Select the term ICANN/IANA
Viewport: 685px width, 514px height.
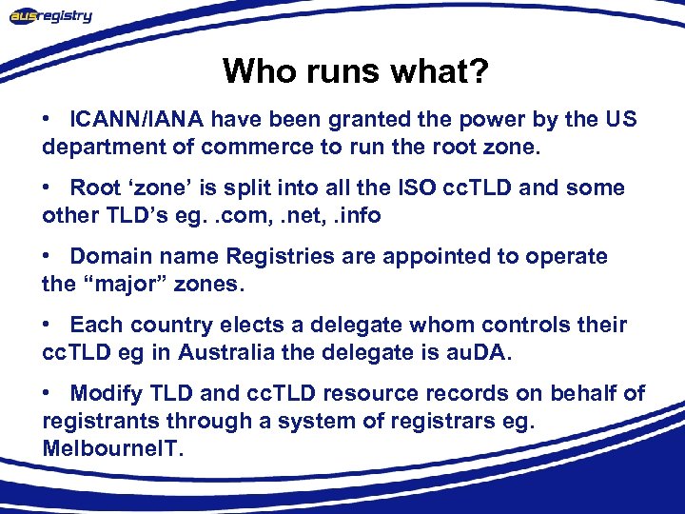pyautogui.click(x=137, y=120)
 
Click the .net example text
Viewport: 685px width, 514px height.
pyautogui.click(x=298, y=215)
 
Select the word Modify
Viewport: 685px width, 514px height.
pyautogui.click(x=107, y=393)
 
